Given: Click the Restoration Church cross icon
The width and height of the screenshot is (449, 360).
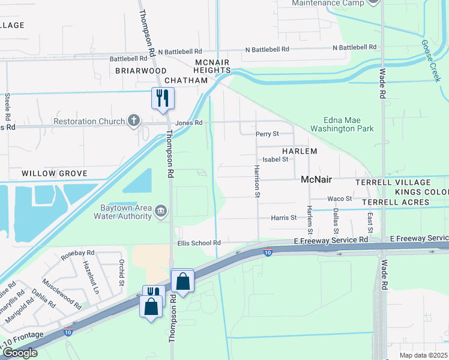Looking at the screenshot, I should click(135, 121).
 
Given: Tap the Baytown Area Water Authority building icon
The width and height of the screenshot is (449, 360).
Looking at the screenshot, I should click(161, 211).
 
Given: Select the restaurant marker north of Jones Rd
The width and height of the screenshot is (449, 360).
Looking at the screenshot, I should click(162, 97).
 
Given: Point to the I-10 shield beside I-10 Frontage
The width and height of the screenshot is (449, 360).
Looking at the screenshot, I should click(69, 331).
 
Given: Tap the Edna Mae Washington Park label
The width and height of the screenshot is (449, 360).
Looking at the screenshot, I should click(340, 124).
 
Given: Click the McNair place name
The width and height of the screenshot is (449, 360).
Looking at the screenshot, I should click(316, 179).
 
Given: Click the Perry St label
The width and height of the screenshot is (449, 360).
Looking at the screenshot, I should click(267, 134).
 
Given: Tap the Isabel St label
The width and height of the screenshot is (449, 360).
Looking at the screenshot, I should click(267, 160).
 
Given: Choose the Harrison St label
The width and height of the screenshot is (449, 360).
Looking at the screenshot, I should click(257, 181).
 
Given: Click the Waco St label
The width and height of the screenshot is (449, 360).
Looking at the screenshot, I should click(339, 199).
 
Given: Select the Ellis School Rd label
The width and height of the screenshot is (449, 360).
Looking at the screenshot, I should click(199, 243).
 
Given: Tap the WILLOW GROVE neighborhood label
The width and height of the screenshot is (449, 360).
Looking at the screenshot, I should click(54, 173).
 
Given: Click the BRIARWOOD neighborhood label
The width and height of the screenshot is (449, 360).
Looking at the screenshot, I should click(141, 70).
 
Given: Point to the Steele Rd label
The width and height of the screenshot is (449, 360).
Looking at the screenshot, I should click(8, 105).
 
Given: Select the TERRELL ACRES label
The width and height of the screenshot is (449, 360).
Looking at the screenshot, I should click(395, 202).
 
